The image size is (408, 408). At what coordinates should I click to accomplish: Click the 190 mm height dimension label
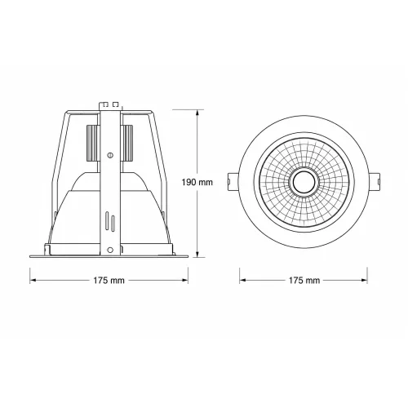point(197,182)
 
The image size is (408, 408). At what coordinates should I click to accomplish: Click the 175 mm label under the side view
point(109,280)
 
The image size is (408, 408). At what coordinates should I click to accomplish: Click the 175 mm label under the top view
point(304,280)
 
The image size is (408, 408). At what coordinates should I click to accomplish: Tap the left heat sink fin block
point(92,143)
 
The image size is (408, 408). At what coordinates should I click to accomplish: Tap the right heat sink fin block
point(126,143)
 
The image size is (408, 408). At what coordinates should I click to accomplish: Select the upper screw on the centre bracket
point(110,155)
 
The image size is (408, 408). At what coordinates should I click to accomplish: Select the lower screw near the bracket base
point(110,250)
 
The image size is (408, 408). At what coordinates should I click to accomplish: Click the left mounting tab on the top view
point(233,182)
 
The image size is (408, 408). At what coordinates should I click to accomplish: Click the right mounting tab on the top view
point(375,182)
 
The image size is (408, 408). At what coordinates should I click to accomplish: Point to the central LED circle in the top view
point(304,182)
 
